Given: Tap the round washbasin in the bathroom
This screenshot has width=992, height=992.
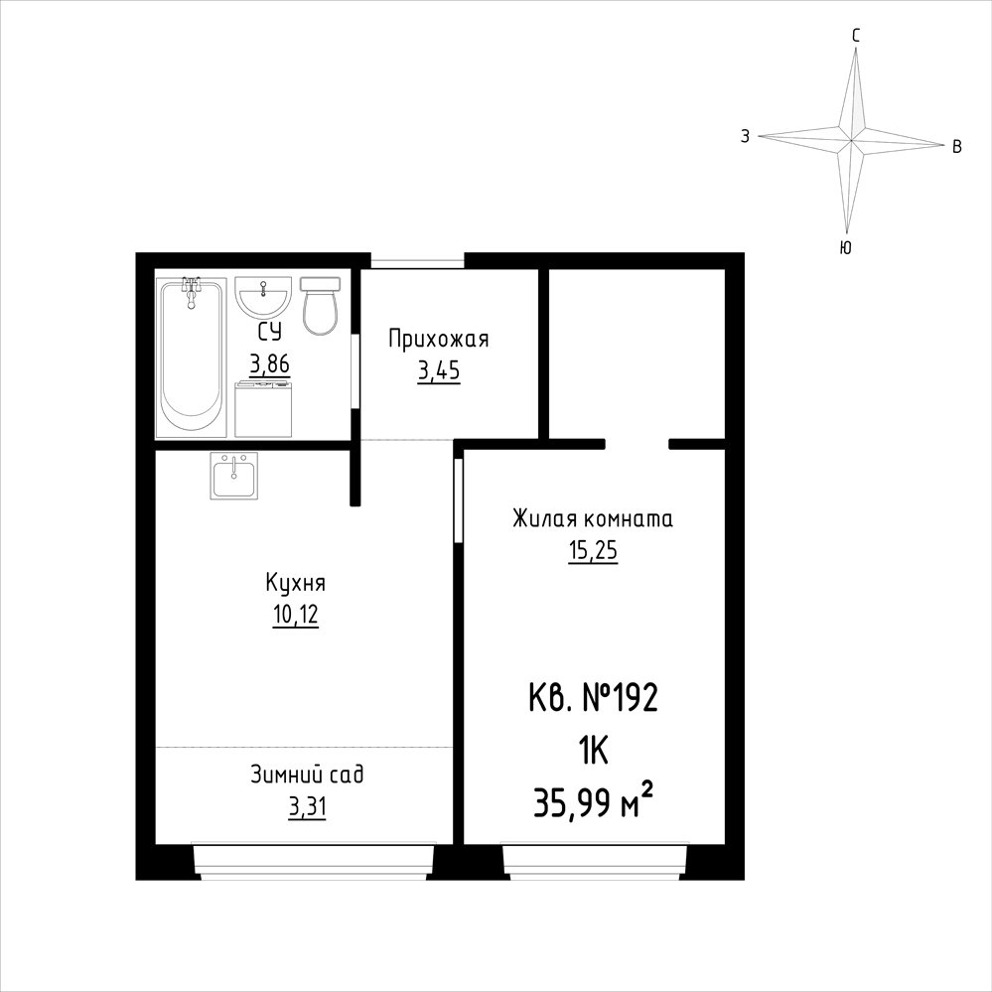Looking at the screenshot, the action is (x=263, y=296).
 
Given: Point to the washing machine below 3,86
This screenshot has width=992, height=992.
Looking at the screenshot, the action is (x=263, y=409).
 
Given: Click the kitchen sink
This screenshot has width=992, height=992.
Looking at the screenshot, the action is (x=234, y=476).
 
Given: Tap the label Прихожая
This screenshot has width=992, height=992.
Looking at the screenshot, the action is (x=439, y=339).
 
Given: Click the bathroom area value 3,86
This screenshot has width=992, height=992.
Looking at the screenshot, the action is (x=270, y=365).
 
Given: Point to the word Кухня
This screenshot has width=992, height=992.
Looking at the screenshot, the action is (x=296, y=583).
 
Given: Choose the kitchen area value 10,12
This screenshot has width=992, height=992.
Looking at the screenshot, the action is (x=296, y=615).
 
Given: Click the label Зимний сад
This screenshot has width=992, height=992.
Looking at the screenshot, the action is (x=308, y=775).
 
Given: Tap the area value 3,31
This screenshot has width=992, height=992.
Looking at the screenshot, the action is (x=308, y=807).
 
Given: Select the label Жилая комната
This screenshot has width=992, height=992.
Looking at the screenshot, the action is (x=593, y=518).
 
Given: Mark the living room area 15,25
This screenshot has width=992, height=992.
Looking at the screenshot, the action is (x=593, y=551).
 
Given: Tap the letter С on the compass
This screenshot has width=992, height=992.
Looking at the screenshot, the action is (x=856, y=37).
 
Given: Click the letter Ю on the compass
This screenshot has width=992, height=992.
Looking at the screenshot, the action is (x=846, y=247).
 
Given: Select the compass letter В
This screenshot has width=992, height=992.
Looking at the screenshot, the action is (x=957, y=147).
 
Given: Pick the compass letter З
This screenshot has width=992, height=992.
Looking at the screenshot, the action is (x=746, y=136).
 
